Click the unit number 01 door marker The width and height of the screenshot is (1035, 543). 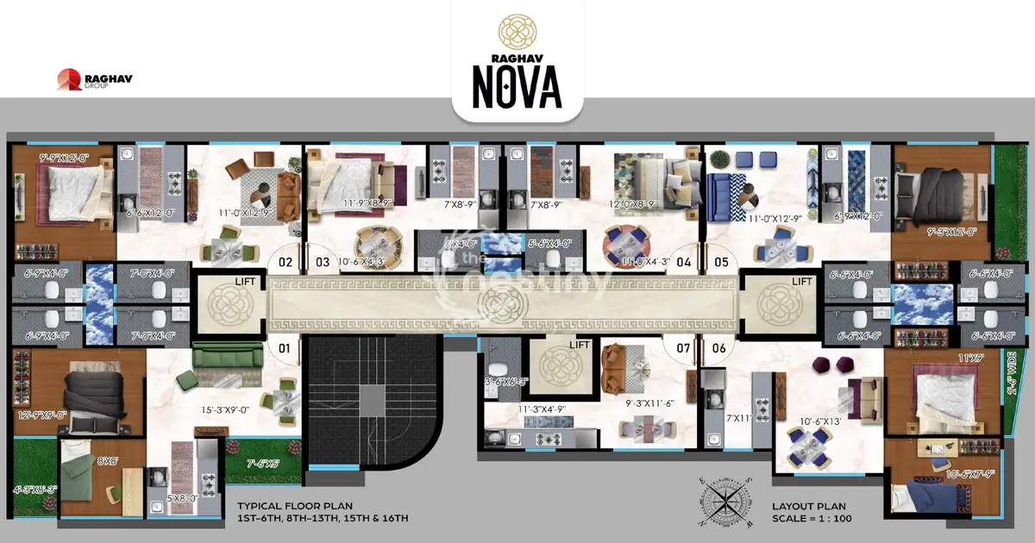point(281,349)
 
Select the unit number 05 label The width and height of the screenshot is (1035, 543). point(721,261)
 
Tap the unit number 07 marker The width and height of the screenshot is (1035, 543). point(684,349)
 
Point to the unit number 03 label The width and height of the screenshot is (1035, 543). point(322,261)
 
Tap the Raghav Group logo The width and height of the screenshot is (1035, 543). point(94,81)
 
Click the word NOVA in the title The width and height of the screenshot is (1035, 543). point(517,84)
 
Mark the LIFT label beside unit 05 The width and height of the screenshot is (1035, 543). point(802,282)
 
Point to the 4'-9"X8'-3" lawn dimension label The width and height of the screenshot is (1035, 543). point(35,489)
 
